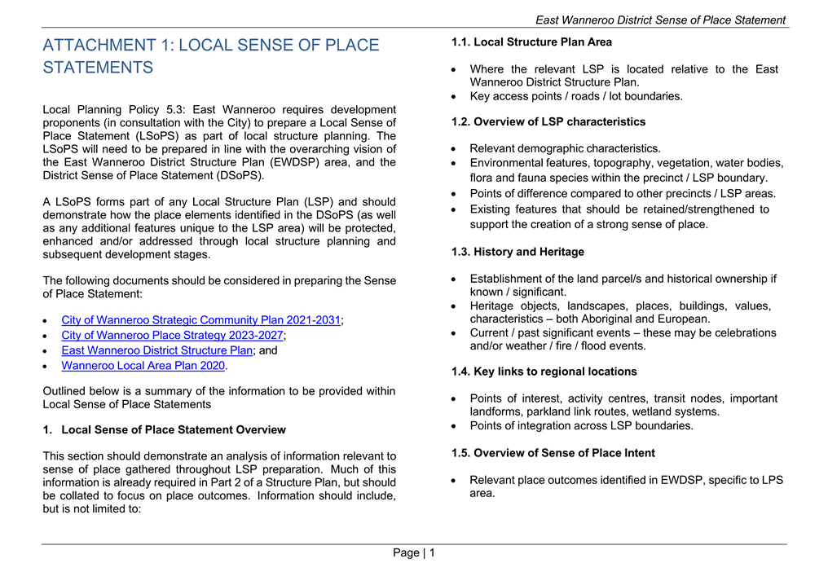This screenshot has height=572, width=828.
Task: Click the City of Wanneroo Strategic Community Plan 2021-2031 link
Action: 200,320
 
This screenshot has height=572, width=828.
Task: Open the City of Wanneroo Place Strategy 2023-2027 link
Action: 173,335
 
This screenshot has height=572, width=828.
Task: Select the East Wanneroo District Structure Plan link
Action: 157,350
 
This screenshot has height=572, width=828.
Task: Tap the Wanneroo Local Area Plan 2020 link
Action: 143,366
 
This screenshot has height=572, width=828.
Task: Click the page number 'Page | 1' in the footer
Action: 414,553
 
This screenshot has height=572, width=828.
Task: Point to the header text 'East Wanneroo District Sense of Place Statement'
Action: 660,20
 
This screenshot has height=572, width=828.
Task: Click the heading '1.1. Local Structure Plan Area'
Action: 531,42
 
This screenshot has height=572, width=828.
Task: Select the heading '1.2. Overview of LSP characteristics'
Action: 548,121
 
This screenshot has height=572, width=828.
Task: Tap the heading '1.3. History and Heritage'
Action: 517,252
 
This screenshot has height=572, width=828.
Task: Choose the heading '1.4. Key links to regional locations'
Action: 544,372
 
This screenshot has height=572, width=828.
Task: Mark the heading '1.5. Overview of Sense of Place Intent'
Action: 553,452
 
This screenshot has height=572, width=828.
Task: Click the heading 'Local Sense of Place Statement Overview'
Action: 174,429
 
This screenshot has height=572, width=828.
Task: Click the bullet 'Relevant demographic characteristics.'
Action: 565,148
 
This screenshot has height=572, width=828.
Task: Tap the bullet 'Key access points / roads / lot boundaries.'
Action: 576,96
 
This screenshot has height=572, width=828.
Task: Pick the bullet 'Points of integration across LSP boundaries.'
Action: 581,425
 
